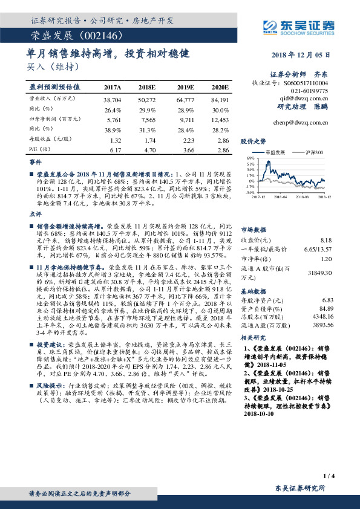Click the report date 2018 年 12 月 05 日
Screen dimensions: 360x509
tap(299, 55)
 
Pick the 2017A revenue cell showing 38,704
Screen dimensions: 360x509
tap(113, 99)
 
